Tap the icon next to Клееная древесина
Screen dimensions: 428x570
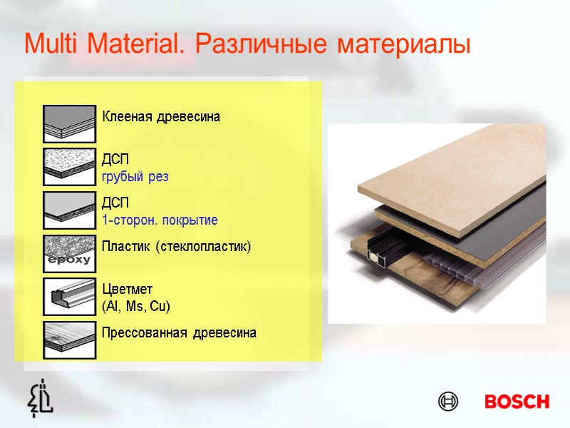pos(69,123)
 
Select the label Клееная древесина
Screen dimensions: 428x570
pos(161,116)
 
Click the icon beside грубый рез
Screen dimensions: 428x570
pos(69,166)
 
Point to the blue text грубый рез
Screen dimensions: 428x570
pos(135,176)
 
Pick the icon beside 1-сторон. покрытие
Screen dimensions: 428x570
pos(69,209)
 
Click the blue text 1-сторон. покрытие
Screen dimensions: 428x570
pos(160,220)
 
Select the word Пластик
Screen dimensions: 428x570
pos(125,248)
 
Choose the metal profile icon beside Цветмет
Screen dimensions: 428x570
pos(69,295)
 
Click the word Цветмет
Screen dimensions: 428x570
pos(128,290)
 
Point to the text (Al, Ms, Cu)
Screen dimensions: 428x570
pos(136,306)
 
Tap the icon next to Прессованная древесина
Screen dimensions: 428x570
pos(69,339)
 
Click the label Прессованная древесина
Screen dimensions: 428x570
pos(179,333)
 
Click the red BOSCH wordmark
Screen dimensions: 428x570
pos(517,402)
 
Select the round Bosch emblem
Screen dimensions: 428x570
pos(448,402)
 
